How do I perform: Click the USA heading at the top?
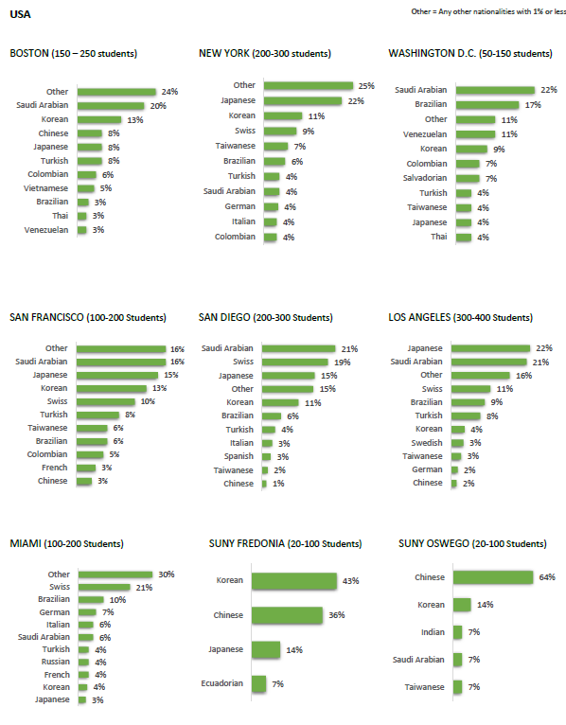(20, 14)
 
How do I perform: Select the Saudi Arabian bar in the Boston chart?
(111, 106)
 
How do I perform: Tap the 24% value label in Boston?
(169, 92)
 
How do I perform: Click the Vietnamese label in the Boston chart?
(45, 188)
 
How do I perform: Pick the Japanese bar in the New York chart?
(303, 100)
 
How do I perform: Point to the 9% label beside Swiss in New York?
(309, 132)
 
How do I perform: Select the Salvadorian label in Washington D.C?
(425, 178)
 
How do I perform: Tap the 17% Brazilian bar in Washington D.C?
(487, 105)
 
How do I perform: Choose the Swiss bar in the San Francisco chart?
(106, 402)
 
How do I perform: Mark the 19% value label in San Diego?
(343, 362)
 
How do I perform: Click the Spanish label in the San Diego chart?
(239, 456)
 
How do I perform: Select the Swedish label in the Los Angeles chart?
(427, 443)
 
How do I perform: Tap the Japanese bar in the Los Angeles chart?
(490, 348)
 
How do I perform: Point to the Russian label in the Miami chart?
(56, 662)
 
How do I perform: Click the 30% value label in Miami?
(167, 575)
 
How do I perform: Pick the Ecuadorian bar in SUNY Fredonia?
(259, 684)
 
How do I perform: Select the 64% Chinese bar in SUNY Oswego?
(493, 577)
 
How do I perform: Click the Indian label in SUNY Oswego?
(433, 632)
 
